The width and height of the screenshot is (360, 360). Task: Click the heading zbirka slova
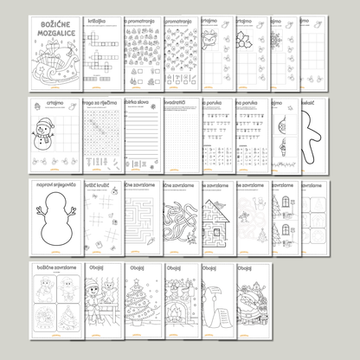138,103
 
